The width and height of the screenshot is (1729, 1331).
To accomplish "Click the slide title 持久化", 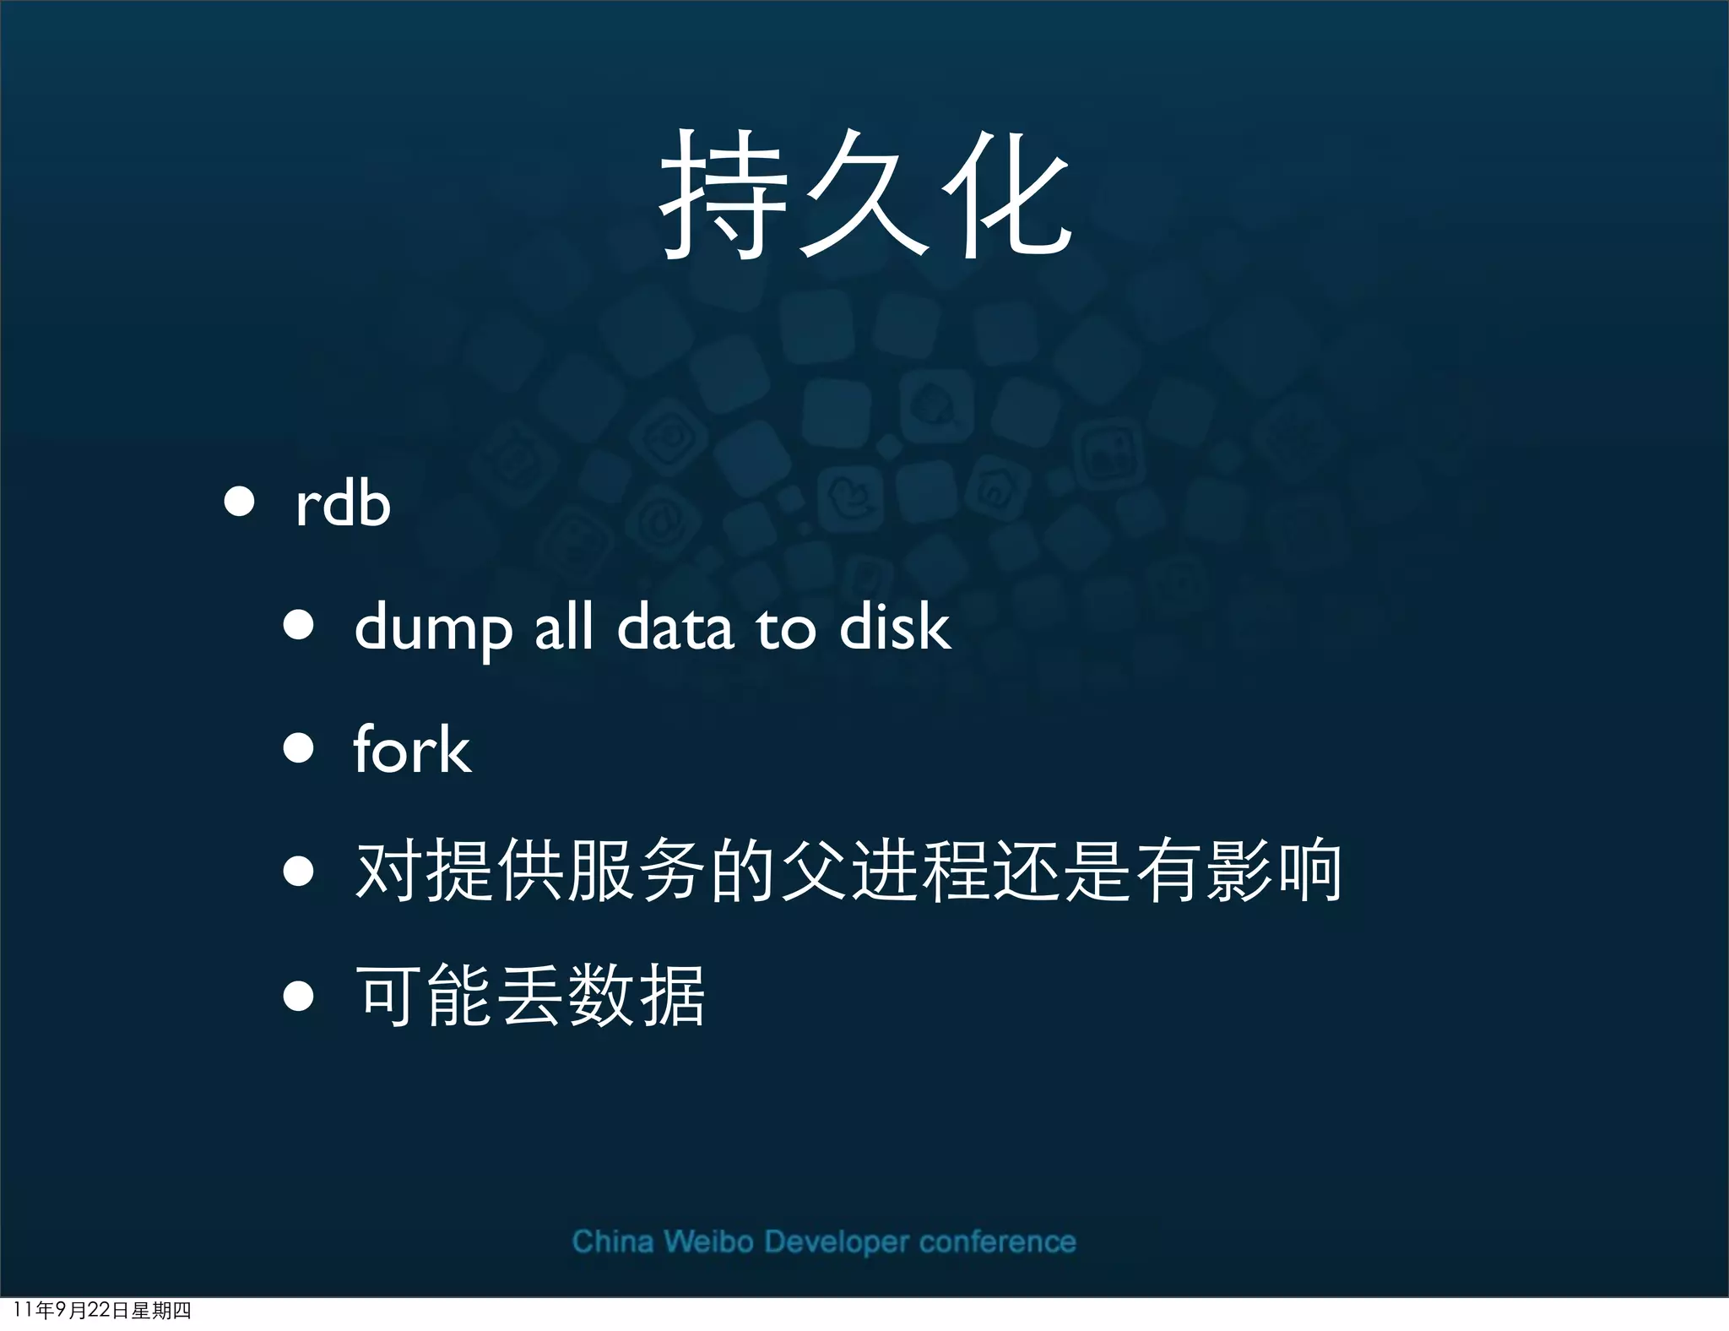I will (864, 196).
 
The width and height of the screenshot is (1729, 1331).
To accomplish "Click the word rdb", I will (343, 504).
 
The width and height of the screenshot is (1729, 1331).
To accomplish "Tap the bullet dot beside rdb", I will (240, 501).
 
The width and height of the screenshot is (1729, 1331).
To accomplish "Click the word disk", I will (895, 627).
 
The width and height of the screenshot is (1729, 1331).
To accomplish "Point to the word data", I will (675, 628).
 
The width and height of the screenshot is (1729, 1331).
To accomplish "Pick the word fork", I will (411, 749).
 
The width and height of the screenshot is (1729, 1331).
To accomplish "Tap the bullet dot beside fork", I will (298, 747).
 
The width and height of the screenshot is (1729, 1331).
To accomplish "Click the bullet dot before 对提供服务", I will (298, 872).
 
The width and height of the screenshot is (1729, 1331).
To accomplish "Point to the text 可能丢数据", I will (529, 996).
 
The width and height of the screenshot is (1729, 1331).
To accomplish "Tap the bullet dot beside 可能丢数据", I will (298, 996).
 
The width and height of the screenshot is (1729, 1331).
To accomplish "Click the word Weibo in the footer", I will (707, 1241).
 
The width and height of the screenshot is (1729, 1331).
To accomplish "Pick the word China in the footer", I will (612, 1241).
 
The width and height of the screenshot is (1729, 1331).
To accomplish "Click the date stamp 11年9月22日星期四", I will (102, 1310).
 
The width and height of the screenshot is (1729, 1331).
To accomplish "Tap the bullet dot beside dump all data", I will (298, 626).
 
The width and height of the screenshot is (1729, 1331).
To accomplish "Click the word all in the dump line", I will (563, 627).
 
